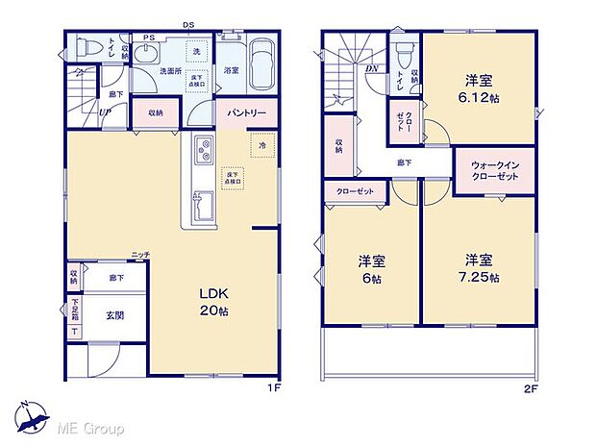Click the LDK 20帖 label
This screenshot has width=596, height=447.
[x=212, y=300]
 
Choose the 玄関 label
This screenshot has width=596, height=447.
[x=113, y=314]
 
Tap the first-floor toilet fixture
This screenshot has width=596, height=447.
[x=84, y=46]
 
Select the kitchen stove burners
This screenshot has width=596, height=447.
[x=204, y=150]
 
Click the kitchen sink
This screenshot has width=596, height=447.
[x=204, y=204]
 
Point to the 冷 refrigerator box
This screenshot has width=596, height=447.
[x=262, y=146]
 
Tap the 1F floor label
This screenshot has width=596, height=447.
[x=273, y=389]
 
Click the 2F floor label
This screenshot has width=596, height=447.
[x=532, y=389]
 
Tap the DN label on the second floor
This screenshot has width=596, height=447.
[x=371, y=68]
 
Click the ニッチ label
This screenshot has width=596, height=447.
[x=140, y=254]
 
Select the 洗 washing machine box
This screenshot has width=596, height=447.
[x=195, y=50]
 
